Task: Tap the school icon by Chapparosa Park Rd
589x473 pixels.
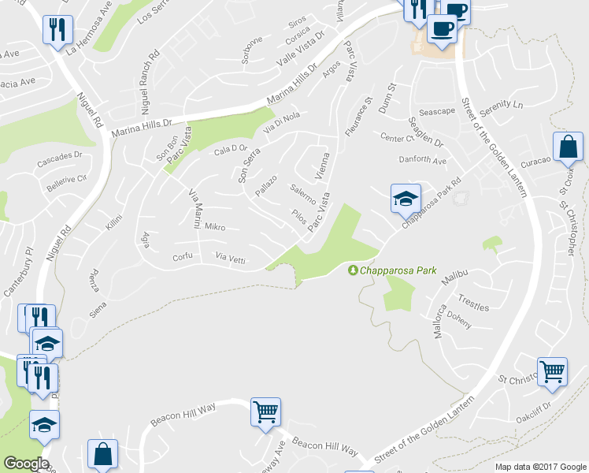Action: pyautogui.click(x=406, y=198)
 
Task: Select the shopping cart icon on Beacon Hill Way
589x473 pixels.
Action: pyautogui.click(x=266, y=411)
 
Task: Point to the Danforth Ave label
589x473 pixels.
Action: pyautogui.click(x=424, y=162)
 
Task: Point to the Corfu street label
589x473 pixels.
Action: pyautogui.click(x=183, y=258)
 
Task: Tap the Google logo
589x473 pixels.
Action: pyautogui.click(x=26, y=463)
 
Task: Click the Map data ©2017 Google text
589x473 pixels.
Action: pyautogui.click(x=539, y=467)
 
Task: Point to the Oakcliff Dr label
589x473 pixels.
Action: pyautogui.click(x=535, y=412)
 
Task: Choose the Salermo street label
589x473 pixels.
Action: pyautogui.click(x=302, y=194)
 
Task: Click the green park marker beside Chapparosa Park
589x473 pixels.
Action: pyautogui.click(x=354, y=270)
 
